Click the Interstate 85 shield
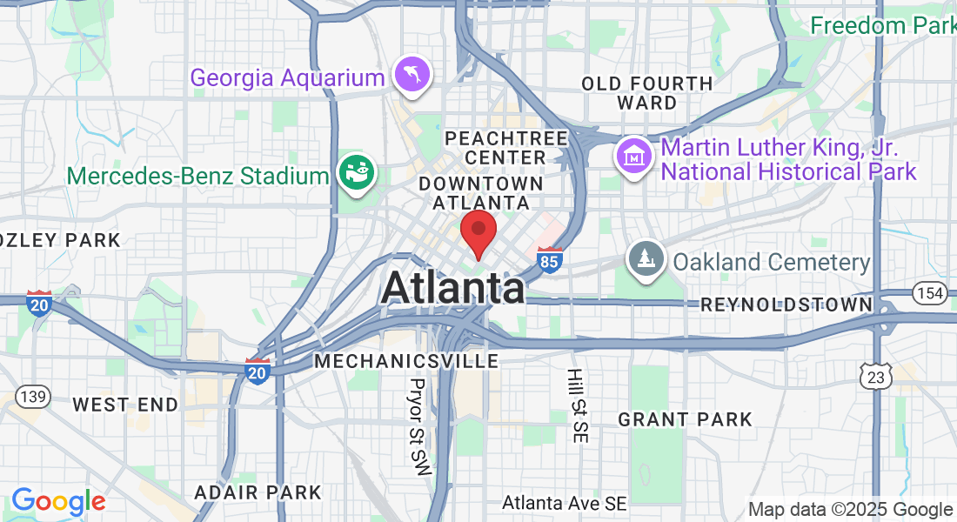click(x=549, y=260)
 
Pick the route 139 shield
click(x=33, y=397)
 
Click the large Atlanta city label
click(x=452, y=288)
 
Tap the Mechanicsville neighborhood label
click(x=406, y=360)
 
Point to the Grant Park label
click(x=685, y=419)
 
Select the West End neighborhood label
click(x=125, y=405)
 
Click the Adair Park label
click(x=258, y=492)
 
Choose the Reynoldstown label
click(x=786, y=304)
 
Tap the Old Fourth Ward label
click(x=646, y=93)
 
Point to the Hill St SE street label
click(x=576, y=405)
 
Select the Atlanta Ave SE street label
click(x=565, y=503)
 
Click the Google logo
click(x=58, y=501)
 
